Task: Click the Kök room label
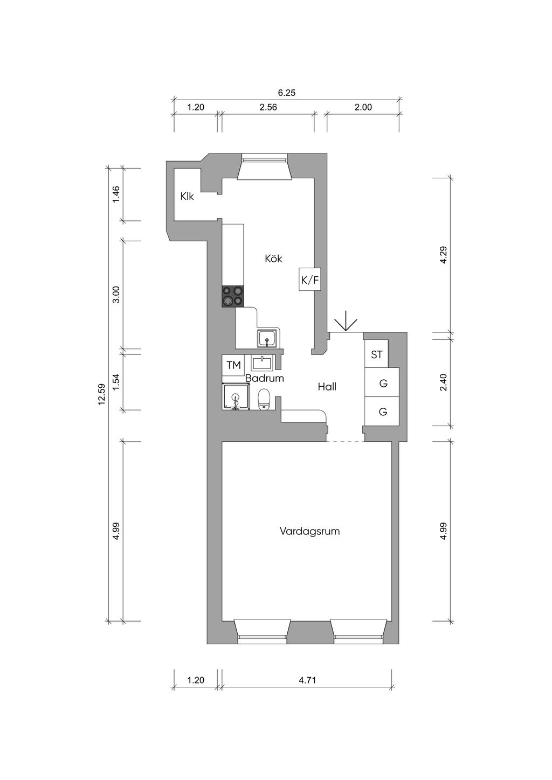pos(273,259)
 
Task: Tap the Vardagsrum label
pos(309,531)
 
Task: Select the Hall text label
pos(327,387)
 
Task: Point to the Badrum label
pos(265,378)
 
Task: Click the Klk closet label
pos(187,197)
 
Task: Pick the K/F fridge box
pos(309,279)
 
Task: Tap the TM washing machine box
pos(233,365)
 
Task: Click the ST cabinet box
pos(376,354)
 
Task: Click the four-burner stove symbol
pos(233,296)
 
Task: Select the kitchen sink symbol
pos(267,338)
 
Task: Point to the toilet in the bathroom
pos(264,399)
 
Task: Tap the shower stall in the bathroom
pos(236,396)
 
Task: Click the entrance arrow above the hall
pos(346,321)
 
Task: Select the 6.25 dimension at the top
pos(286,93)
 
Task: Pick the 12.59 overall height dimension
pos(102,394)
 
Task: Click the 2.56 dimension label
pos(268,107)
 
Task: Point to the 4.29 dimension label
pos(443,255)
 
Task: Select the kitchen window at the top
pos(265,167)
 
